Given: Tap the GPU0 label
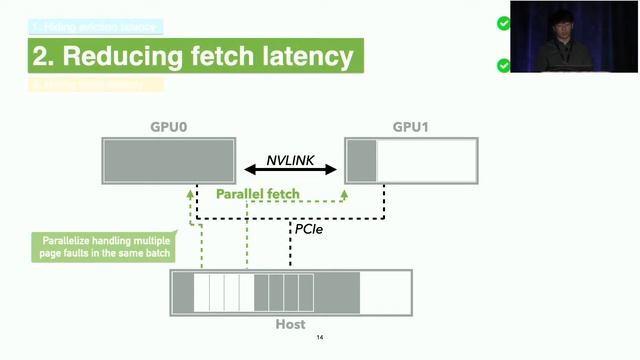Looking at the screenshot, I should coord(167,128).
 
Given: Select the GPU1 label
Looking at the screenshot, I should coord(411,128).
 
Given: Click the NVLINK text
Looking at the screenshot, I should coord(291,160).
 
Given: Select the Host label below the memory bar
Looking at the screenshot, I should coord(290,325).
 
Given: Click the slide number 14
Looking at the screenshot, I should coord(320,338).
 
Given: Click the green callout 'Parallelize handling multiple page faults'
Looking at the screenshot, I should coord(100,247).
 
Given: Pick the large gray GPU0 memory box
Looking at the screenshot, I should coord(167,161).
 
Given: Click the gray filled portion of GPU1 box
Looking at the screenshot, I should coord(361,161).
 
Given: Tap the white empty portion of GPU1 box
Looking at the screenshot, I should coord(426,161).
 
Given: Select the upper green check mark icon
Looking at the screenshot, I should coord(504,23).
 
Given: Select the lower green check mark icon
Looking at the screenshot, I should coord(504,66).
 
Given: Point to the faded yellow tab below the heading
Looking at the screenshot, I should coord(95,84).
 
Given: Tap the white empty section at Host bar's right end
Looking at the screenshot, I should coord(385,293).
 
